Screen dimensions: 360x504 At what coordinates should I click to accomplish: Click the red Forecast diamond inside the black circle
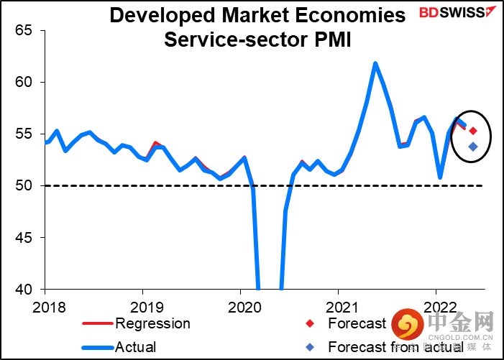click(x=473, y=131)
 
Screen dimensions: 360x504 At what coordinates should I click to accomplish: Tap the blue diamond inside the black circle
click(x=473, y=147)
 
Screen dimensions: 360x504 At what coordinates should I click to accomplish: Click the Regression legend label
click(x=152, y=323)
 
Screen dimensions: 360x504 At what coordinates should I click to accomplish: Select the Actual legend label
click(x=136, y=347)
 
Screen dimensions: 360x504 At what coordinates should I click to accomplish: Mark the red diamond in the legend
click(x=310, y=323)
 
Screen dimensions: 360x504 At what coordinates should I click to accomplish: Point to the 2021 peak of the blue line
click(x=375, y=63)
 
